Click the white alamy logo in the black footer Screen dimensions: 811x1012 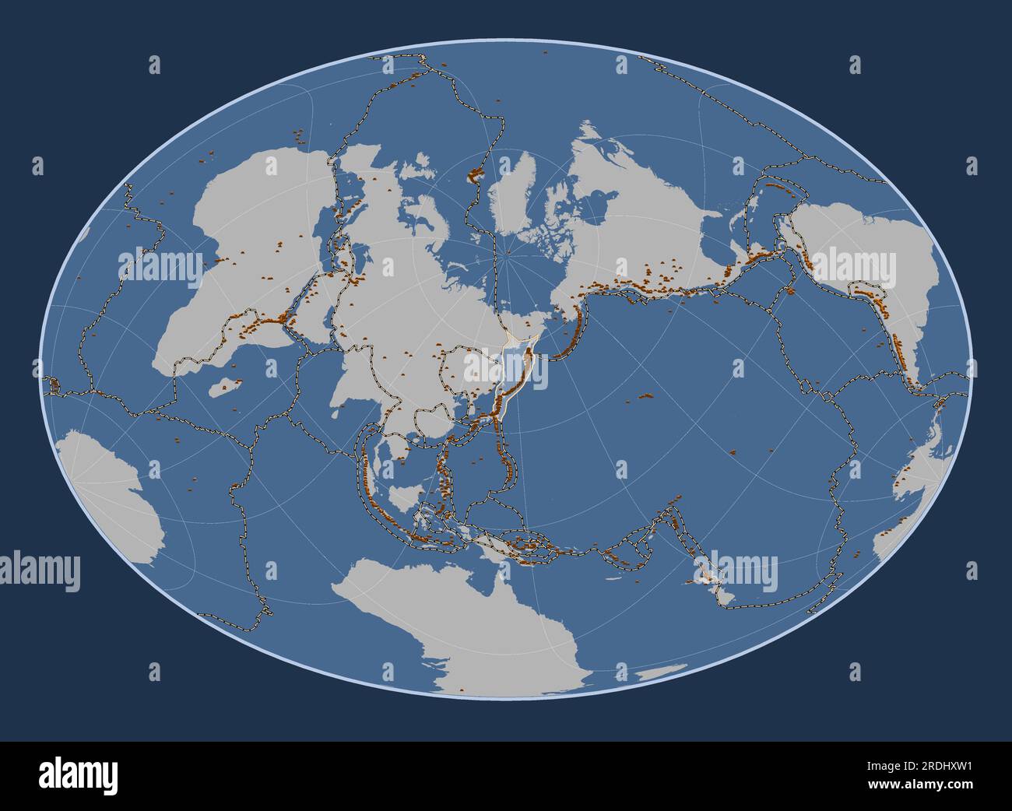(x=78, y=775)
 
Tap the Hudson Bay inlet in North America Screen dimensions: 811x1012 (x=596, y=202)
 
